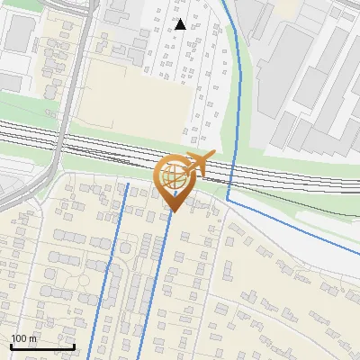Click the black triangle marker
[x=180, y=24]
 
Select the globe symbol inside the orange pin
[x=174, y=178]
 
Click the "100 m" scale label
[x=23, y=338]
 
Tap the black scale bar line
[x=42, y=346]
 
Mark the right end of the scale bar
[x=74, y=346]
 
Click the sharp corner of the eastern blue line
[x=229, y=196]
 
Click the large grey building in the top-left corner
[x=19, y=34]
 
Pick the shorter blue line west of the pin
[x=112, y=261]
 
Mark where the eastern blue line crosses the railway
[x=232, y=166]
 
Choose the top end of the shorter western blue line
[x=128, y=184]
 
